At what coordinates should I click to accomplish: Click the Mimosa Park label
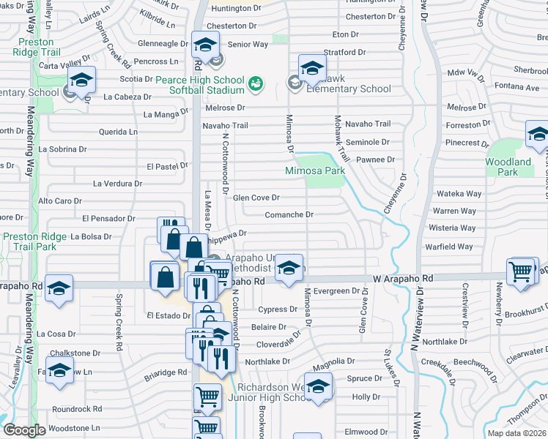pos(315,170)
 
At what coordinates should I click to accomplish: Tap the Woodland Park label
pos(508,167)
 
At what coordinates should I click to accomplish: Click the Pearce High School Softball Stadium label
pos(199,84)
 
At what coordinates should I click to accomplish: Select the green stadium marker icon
pos(255,83)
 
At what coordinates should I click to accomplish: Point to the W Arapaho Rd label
pos(403,278)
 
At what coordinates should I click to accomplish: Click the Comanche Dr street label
pos(289,215)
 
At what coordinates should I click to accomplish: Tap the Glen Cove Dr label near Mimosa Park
pos(256,198)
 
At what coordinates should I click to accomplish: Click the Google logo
pos(24,430)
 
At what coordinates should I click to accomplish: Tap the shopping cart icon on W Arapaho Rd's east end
pos(522,270)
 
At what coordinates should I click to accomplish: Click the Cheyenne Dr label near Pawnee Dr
pos(404,187)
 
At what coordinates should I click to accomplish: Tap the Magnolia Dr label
pos(333,361)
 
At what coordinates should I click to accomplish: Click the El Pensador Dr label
pos(108,218)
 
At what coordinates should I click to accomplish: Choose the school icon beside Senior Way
pos(206,44)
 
